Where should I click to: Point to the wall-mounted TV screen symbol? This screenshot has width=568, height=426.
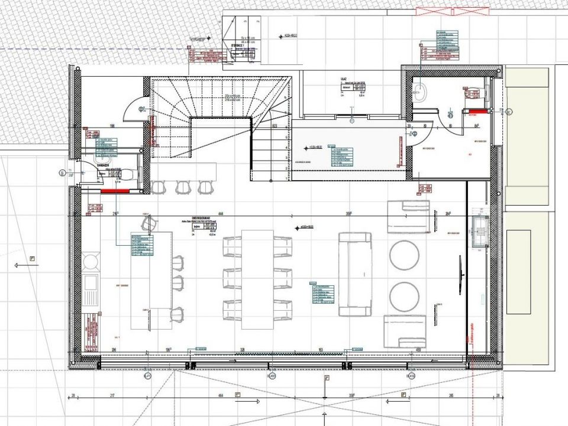460,275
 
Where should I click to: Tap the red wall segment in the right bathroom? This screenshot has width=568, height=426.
476,110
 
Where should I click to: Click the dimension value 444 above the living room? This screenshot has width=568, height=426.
220,214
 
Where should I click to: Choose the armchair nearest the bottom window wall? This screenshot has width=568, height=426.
406,331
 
